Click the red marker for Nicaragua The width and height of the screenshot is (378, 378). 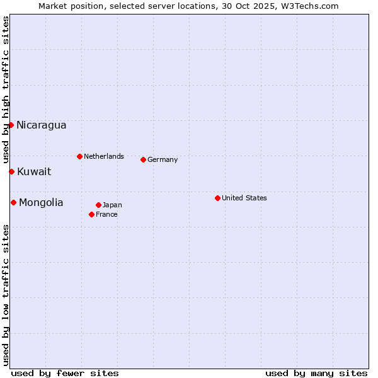[x=11, y=125]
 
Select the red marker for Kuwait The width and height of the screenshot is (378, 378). [x=11, y=171]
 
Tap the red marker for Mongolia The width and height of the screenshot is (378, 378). [x=13, y=202]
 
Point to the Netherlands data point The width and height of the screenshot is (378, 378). [x=79, y=156]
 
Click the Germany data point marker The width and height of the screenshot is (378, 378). [x=143, y=159]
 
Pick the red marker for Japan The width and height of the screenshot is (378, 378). [x=98, y=205]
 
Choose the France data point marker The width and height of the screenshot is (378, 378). [x=91, y=214]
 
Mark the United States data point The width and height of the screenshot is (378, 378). [x=217, y=198]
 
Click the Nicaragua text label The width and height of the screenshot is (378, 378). [x=41, y=125]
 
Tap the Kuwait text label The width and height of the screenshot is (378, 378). [x=34, y=171]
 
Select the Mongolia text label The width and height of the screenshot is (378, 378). [x=41, y=202]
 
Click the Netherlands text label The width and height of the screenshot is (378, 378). [x=103, y=156]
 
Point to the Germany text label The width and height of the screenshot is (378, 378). [x=163, y=159]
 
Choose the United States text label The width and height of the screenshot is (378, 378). [x=244, y=198]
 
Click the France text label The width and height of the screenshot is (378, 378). [x=106, y=214]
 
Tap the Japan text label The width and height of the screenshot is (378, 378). [x=112, y=205]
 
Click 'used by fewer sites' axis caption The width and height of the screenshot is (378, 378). [x=65, y=373]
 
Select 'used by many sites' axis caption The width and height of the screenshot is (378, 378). [x=316, y=373]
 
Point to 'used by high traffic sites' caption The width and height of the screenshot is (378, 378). [x=6, y=88]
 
